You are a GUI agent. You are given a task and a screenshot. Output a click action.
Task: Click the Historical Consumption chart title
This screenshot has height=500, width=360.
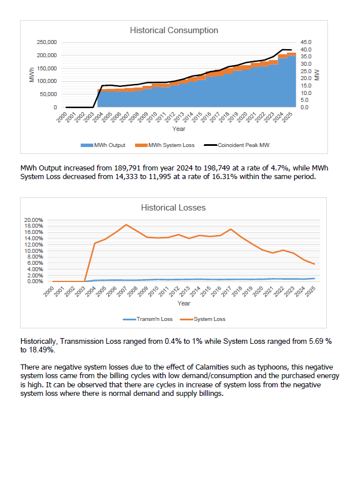(173, 30)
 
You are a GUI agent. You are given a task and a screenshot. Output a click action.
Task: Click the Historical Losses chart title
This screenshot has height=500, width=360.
(173, 208)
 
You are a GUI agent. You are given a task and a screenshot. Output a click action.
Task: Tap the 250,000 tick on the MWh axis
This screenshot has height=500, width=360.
(46, 42)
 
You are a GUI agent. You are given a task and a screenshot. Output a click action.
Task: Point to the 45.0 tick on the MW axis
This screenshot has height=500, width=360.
(306, 42)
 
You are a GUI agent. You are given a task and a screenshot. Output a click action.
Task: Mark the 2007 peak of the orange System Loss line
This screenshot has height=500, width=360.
(126, 225)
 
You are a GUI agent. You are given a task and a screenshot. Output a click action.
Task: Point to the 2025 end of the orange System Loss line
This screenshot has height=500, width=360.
(314, 264)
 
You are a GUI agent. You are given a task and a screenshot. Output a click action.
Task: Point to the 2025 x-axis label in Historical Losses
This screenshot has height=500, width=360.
(311, 291)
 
